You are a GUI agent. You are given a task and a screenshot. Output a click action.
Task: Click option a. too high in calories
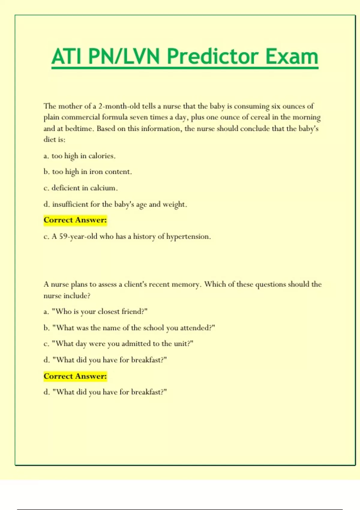79,156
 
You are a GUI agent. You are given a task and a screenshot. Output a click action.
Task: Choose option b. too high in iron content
88,172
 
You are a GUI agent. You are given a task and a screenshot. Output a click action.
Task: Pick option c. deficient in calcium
81,188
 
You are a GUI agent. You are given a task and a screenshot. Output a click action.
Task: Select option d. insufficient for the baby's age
115,205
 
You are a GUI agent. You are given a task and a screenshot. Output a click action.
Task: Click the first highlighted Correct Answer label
75,220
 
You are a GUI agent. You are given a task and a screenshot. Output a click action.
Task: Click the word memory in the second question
187,284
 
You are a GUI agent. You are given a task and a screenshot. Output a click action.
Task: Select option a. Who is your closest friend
95,312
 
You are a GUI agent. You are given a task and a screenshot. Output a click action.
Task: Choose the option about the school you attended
129,328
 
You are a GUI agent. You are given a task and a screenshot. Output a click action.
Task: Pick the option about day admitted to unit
118,344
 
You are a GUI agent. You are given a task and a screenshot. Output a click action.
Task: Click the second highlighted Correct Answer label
75,376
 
